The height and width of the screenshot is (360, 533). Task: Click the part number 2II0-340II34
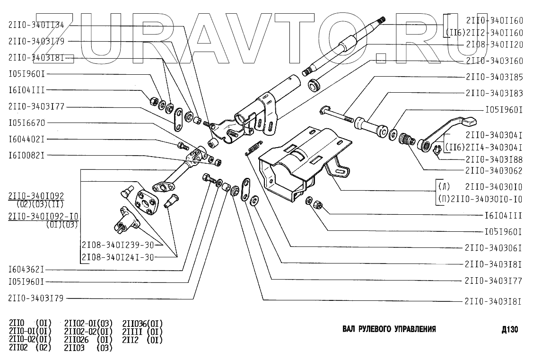36,25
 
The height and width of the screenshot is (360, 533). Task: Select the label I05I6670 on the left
27,123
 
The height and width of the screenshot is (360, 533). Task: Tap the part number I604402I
26,139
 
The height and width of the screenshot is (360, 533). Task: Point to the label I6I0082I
26,155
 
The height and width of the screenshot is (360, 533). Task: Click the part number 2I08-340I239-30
118,245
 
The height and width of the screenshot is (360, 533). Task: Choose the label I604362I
26,270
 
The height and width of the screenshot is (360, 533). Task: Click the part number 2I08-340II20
494,44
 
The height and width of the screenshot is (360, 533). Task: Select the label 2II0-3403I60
494,61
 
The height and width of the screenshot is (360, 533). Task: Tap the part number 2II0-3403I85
494,77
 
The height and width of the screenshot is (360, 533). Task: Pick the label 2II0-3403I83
494,93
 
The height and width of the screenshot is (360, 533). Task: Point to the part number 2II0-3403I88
494,159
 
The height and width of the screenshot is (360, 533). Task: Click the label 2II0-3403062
494,171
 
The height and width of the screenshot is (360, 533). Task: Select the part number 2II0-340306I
493,248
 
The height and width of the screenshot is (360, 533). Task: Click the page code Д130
509,329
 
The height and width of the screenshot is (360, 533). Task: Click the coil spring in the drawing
253,148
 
